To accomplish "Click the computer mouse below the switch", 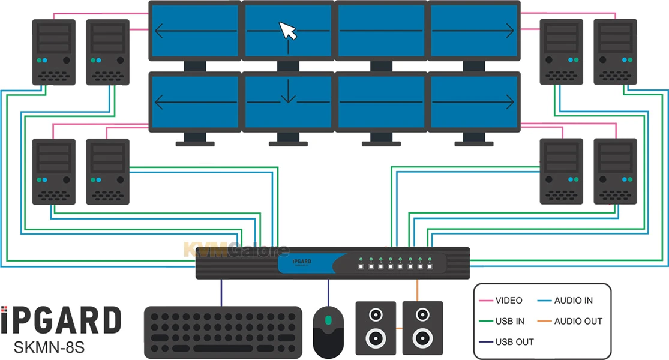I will [328, 331].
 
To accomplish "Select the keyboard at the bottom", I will [223, 332].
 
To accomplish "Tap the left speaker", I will [376, 327].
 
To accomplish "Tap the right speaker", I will [422, 327].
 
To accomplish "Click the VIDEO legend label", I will [509, 301].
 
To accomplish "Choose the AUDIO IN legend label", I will [573, 301].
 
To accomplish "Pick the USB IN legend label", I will [509, 321].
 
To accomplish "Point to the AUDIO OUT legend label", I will [578, 321].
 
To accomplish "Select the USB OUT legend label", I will [514, 342].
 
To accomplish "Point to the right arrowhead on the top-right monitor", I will [509, 31].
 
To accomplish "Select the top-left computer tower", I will [53, 52].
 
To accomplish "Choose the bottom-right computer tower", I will [615, 172].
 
